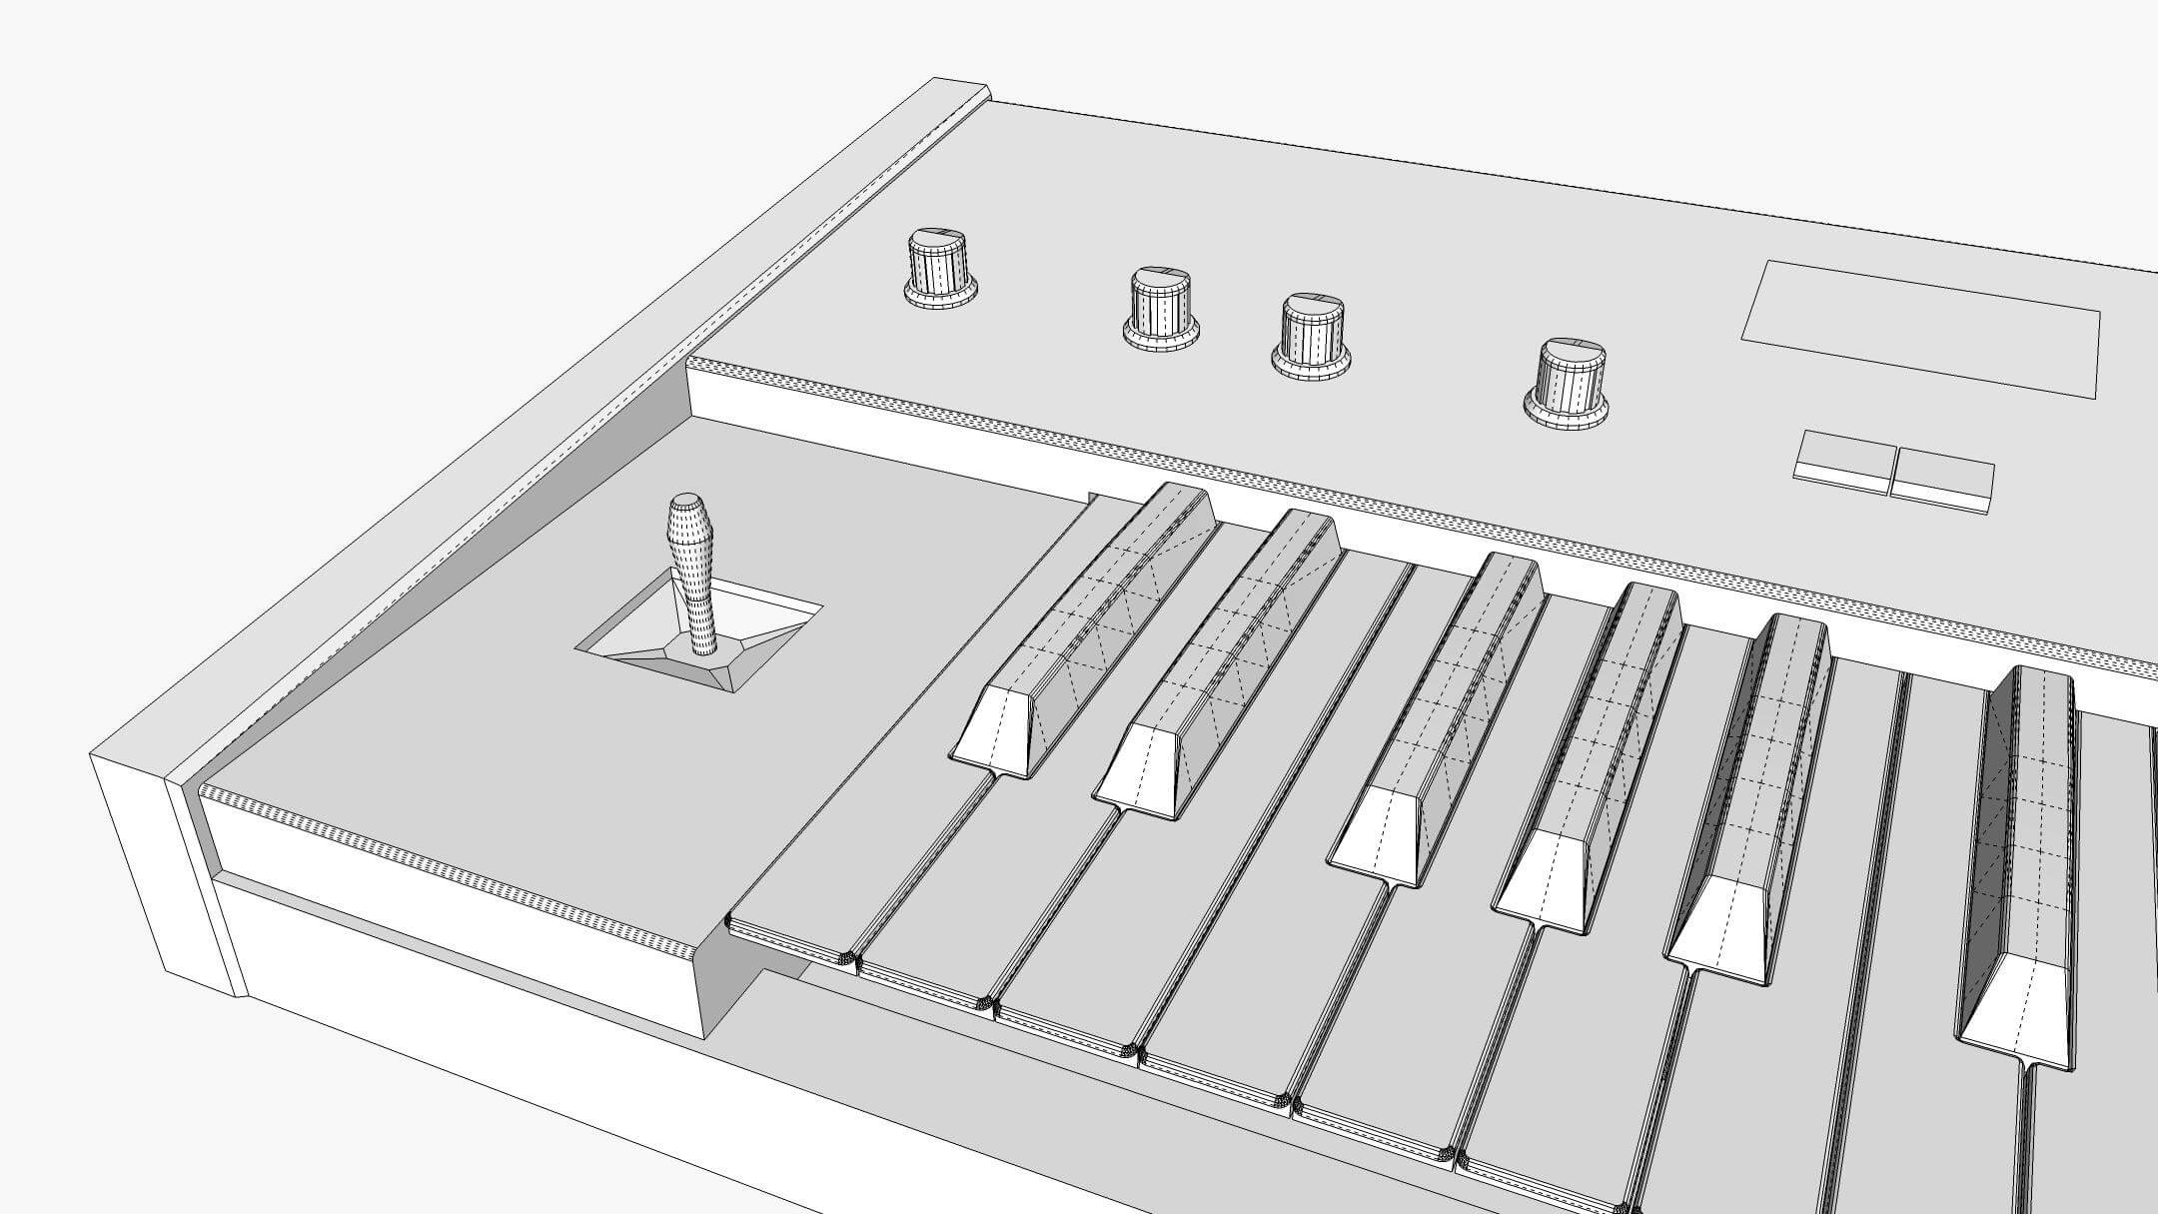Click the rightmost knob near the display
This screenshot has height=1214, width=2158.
(1568, 384)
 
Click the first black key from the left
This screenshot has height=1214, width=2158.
(1099, 619)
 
